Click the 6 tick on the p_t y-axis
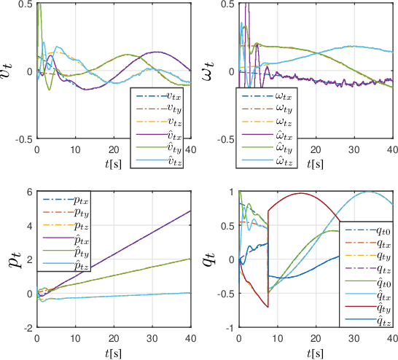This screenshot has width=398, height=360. tap(29, 192)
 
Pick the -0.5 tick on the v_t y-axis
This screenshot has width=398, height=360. tap(22, 138)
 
